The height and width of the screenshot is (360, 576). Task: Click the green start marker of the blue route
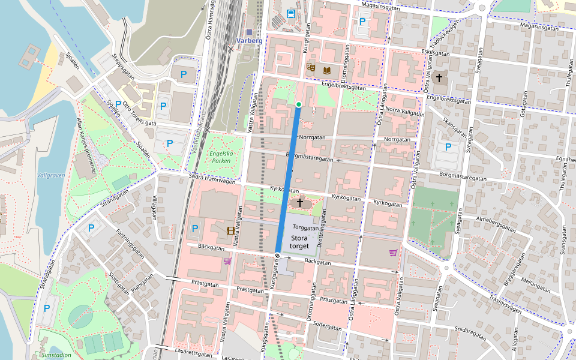(298, 104)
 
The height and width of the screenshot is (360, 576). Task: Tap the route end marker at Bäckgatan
(278, 256)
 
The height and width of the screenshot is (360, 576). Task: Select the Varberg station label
(249, 41)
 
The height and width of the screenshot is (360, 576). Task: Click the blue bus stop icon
(291, 13)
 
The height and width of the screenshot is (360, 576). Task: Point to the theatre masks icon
(310, 67)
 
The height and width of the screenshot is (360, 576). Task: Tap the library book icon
(326, 71)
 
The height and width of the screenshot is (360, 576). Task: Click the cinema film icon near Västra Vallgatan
(230, 230)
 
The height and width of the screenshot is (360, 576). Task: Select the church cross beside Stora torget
(299, 203)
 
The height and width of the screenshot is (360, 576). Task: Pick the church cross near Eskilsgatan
(439, 77)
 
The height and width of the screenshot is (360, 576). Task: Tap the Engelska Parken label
(220, 157)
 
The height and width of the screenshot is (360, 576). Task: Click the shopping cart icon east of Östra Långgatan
(393, 253)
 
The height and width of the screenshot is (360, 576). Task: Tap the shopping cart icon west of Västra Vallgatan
(227, 261)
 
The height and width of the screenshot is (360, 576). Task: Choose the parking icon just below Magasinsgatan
(362, 22)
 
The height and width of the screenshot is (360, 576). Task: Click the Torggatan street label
(306, 228)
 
